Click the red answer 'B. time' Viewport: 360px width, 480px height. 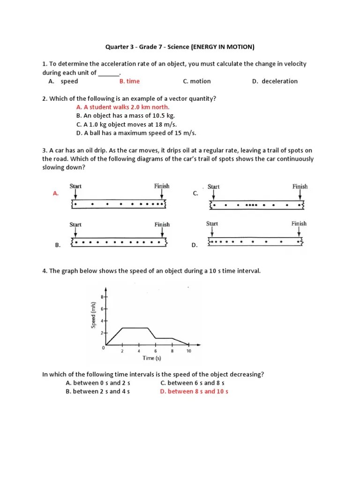[129, 81]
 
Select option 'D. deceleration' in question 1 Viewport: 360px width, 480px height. [275, 81]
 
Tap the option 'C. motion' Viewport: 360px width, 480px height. [197, 81]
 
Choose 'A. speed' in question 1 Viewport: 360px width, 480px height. [63, 81]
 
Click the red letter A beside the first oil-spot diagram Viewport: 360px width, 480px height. [56, 193]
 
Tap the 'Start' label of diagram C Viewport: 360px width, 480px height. [213, 187]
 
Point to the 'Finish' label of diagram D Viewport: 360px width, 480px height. [299, 224]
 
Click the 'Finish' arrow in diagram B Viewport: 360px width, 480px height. [162, 233]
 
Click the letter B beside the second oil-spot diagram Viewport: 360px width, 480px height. [57, 245]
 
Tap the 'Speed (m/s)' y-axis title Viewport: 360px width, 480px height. [93, 314]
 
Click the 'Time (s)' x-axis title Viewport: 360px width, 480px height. [152, 358]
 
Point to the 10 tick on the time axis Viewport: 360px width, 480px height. [188, 351]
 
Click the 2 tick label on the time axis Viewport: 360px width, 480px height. [122, 351]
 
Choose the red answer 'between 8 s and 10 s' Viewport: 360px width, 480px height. [194, 391]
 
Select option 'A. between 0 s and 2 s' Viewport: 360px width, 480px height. [97, 383]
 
